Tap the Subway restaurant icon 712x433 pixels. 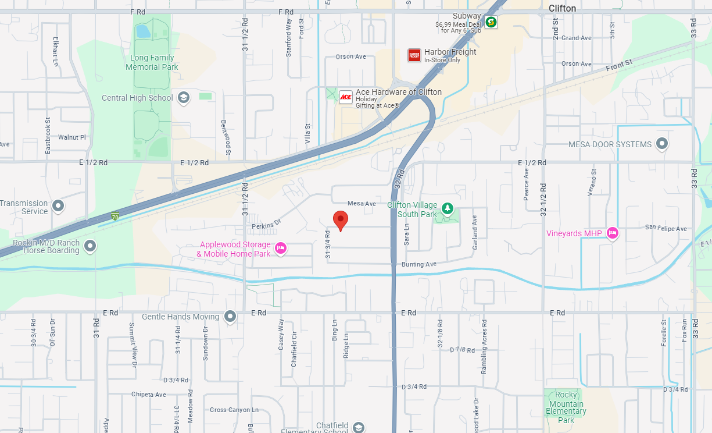pyautogui.click(x=491, y=22)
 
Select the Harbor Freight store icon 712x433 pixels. pyautogui.click(x=414, y=55)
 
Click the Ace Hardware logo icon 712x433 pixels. pyautogui.click(x=346, y=97)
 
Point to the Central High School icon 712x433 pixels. pyautogui.click(x=184, y=98)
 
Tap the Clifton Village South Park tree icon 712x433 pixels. pyautogui.click(x=447, y=208)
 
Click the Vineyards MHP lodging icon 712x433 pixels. pyautogui.click(x=612, y=233)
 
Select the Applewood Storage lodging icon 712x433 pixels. pyautogui.click(x=281, y=249)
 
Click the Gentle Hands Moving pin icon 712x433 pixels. pyautogui.click(x=231, y=317)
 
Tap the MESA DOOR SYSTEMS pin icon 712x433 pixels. pyautogui.click(x=661, y=144)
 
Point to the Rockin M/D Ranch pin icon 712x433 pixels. pyautogui.click(x=90, y=246)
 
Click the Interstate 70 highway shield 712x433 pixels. pyautogui.click(x=116, y=216)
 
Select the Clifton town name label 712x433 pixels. pyautogui.click(x=562, y=8)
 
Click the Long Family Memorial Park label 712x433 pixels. pyautogui.click(x=152, y=62)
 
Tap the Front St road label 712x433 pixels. pyautogui.click(x=618, y=65)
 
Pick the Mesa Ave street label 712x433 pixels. pyautogui.click(x=362, y=204)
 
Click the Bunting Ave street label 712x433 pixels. pyautogui.click(x=418, y=264)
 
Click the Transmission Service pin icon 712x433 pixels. pyautogui.click(x=58, y=205)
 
